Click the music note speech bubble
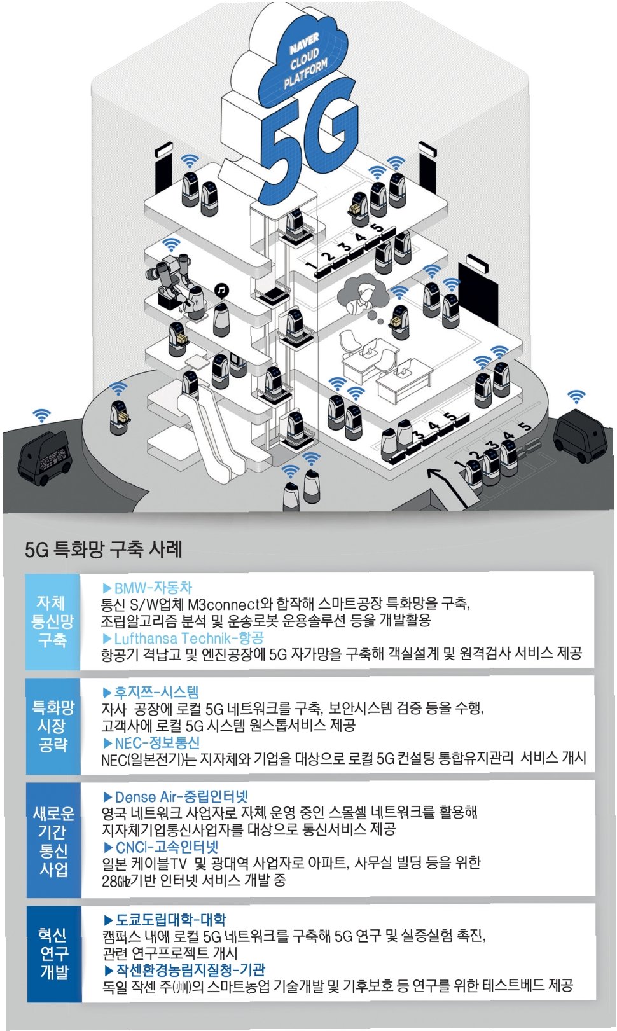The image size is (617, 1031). coord(221,291)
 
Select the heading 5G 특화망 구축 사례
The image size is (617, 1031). coord(104,549)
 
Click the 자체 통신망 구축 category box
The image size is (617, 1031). coord(52,621)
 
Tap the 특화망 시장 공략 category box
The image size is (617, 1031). coord(53,726)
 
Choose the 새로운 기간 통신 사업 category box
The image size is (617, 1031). coord(53,841)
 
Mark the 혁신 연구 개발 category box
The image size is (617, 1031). coord(54,953)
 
